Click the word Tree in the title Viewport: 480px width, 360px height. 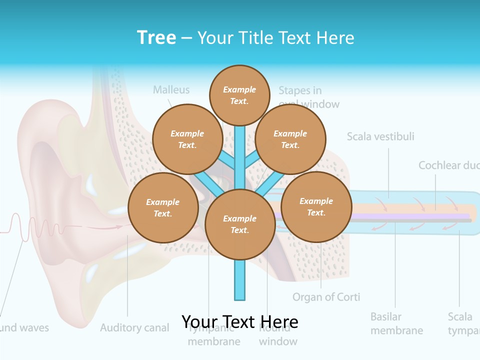(156, 37)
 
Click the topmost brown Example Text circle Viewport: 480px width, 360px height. (239, 95)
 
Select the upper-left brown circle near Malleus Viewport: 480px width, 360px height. (187, 139)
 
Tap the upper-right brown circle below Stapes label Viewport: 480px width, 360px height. (290, 139)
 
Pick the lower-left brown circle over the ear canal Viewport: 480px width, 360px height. (163, 207)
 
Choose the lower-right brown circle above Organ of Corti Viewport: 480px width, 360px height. (316, 206)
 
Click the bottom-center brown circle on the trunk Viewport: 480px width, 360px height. (240, 224)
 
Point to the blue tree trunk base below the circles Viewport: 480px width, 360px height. (240, 285)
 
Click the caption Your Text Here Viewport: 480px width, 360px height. (240, 321)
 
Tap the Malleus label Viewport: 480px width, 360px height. (171, 90)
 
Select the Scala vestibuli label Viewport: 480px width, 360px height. (380, 136)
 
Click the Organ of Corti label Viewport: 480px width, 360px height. (326, 297)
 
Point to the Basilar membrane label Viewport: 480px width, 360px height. (396, 323)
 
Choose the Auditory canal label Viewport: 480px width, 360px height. (134, 328)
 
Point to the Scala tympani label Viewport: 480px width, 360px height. (463, 323)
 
